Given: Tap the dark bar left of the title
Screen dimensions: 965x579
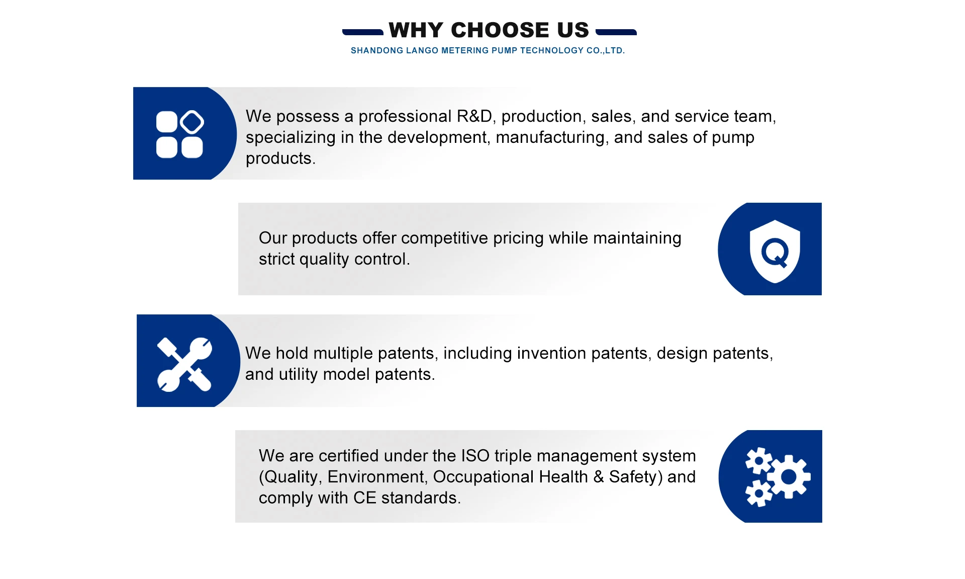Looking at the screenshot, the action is point(363,32).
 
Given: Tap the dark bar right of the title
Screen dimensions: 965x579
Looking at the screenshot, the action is point(616,32).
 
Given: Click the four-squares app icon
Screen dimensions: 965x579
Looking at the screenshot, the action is point(180,134).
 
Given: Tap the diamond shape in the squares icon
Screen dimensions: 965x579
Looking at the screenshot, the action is point(192,122).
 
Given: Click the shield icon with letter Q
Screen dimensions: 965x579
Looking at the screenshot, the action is point(775,251).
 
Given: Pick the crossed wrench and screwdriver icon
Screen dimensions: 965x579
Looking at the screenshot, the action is point(184,364).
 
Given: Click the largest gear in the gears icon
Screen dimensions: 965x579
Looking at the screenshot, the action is point(789,476).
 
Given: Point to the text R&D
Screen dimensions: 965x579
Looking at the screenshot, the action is point(474,116).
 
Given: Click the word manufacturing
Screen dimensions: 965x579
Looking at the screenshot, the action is point(550,137).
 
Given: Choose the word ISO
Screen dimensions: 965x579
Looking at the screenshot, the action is point(475,456).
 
